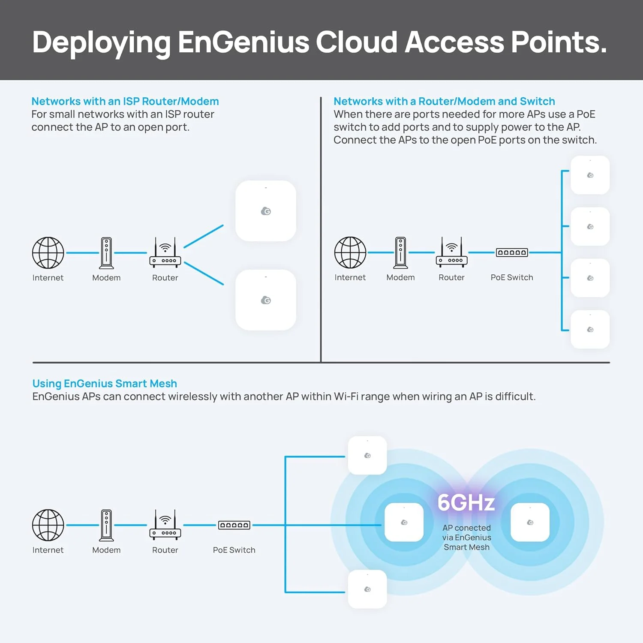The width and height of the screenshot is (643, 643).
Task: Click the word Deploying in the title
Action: [x=101, y=43]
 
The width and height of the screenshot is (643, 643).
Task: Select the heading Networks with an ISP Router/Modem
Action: [x=125, y=101]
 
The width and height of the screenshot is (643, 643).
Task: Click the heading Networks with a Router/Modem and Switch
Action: [x=444, y=101]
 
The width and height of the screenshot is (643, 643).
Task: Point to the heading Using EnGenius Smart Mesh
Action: [x=105, y=383]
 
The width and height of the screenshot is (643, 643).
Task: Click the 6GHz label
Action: [x=466, y=502]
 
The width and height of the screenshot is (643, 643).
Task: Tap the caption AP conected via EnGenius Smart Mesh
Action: [x=466, y=538]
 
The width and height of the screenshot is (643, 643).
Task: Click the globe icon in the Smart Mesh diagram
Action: [x=48, y=525]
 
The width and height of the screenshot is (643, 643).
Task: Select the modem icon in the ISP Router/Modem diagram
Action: [x=106, y=253]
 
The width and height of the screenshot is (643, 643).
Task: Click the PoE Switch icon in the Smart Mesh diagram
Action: [x=234, y=525]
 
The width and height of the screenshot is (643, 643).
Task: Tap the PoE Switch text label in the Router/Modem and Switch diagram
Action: [x=512, y=277]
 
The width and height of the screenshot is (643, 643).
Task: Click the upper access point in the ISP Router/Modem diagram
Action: [x=266, y=211]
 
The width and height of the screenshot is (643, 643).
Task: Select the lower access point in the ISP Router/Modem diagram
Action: [x=266, y=300]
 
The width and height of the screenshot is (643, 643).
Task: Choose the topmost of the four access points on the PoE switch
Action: [x=590, y=175]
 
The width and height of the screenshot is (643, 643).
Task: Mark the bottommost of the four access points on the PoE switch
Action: [x=590, y=329]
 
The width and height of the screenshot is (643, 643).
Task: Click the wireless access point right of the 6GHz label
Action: [x=530, y=522]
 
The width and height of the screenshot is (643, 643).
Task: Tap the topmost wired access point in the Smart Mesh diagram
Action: [x=367, y=455]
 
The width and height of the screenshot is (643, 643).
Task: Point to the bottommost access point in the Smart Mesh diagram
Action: [x=367, y=589]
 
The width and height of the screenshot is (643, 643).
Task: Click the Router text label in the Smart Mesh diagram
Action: [x=165, y=550]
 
